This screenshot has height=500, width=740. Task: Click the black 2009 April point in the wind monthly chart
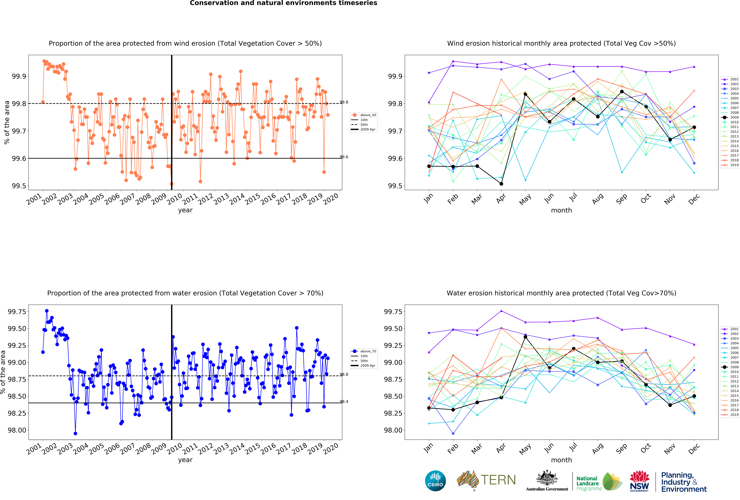[x=501, y=184]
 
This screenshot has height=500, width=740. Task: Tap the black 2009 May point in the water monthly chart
[x=525, y=337]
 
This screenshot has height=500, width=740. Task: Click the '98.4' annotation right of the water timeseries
[x=344, y=402]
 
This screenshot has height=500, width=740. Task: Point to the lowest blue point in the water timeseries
[x=75, y=433]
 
